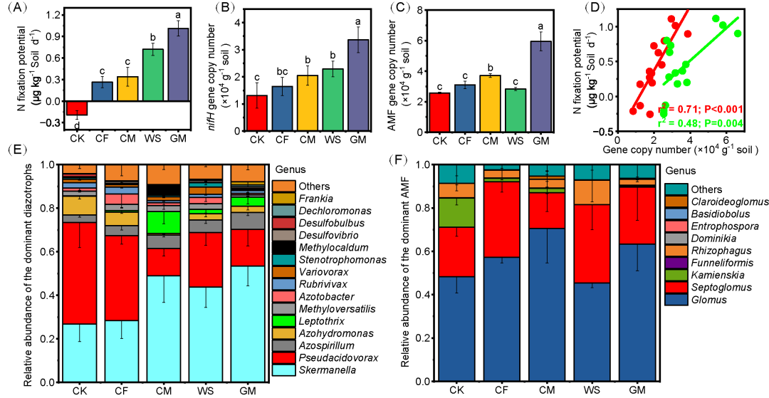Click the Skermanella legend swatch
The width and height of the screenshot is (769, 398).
point(282,370)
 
